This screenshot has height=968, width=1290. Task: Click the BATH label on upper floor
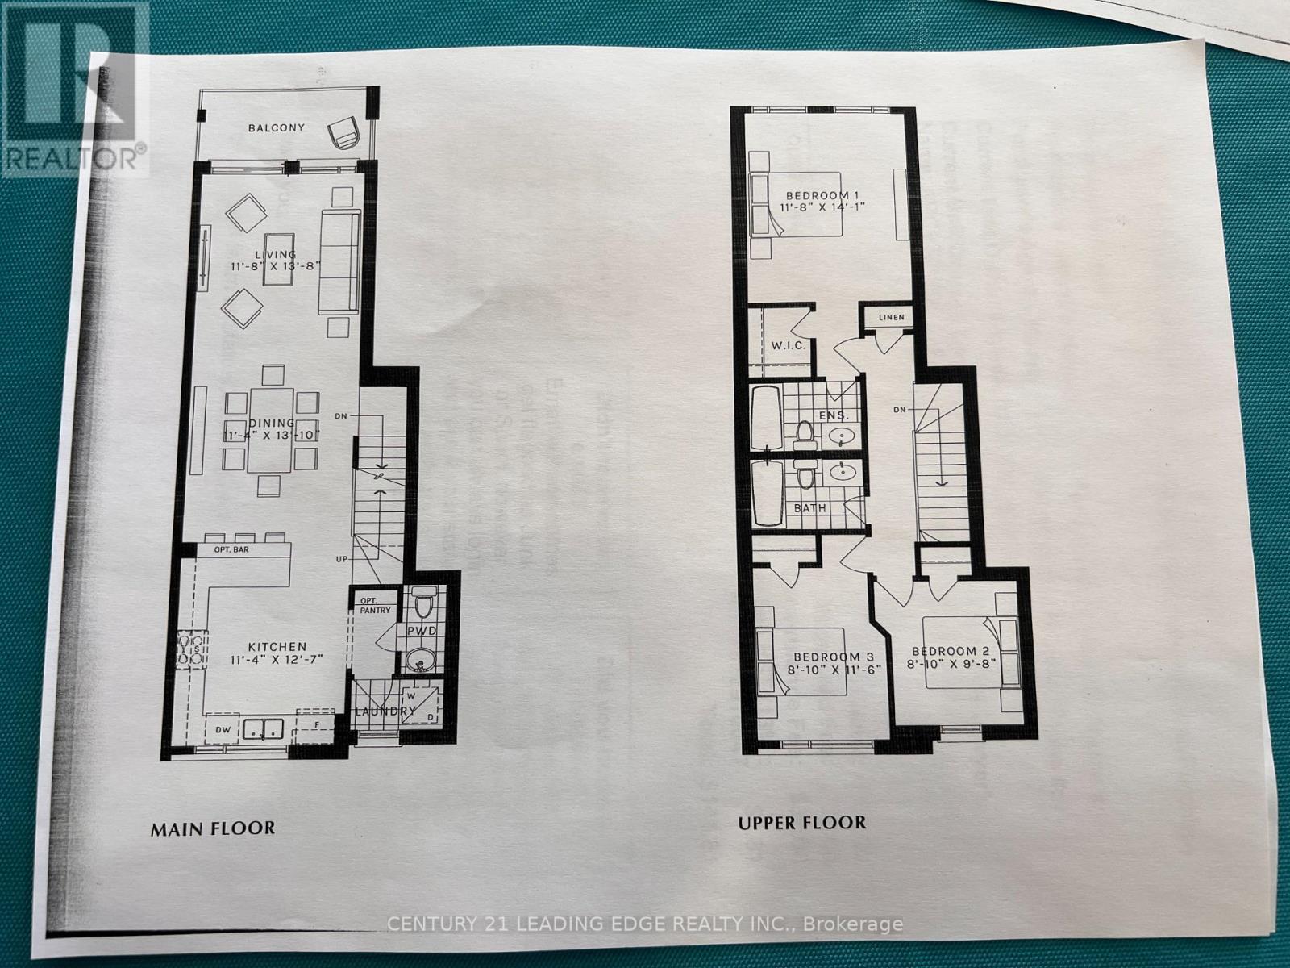810,508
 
